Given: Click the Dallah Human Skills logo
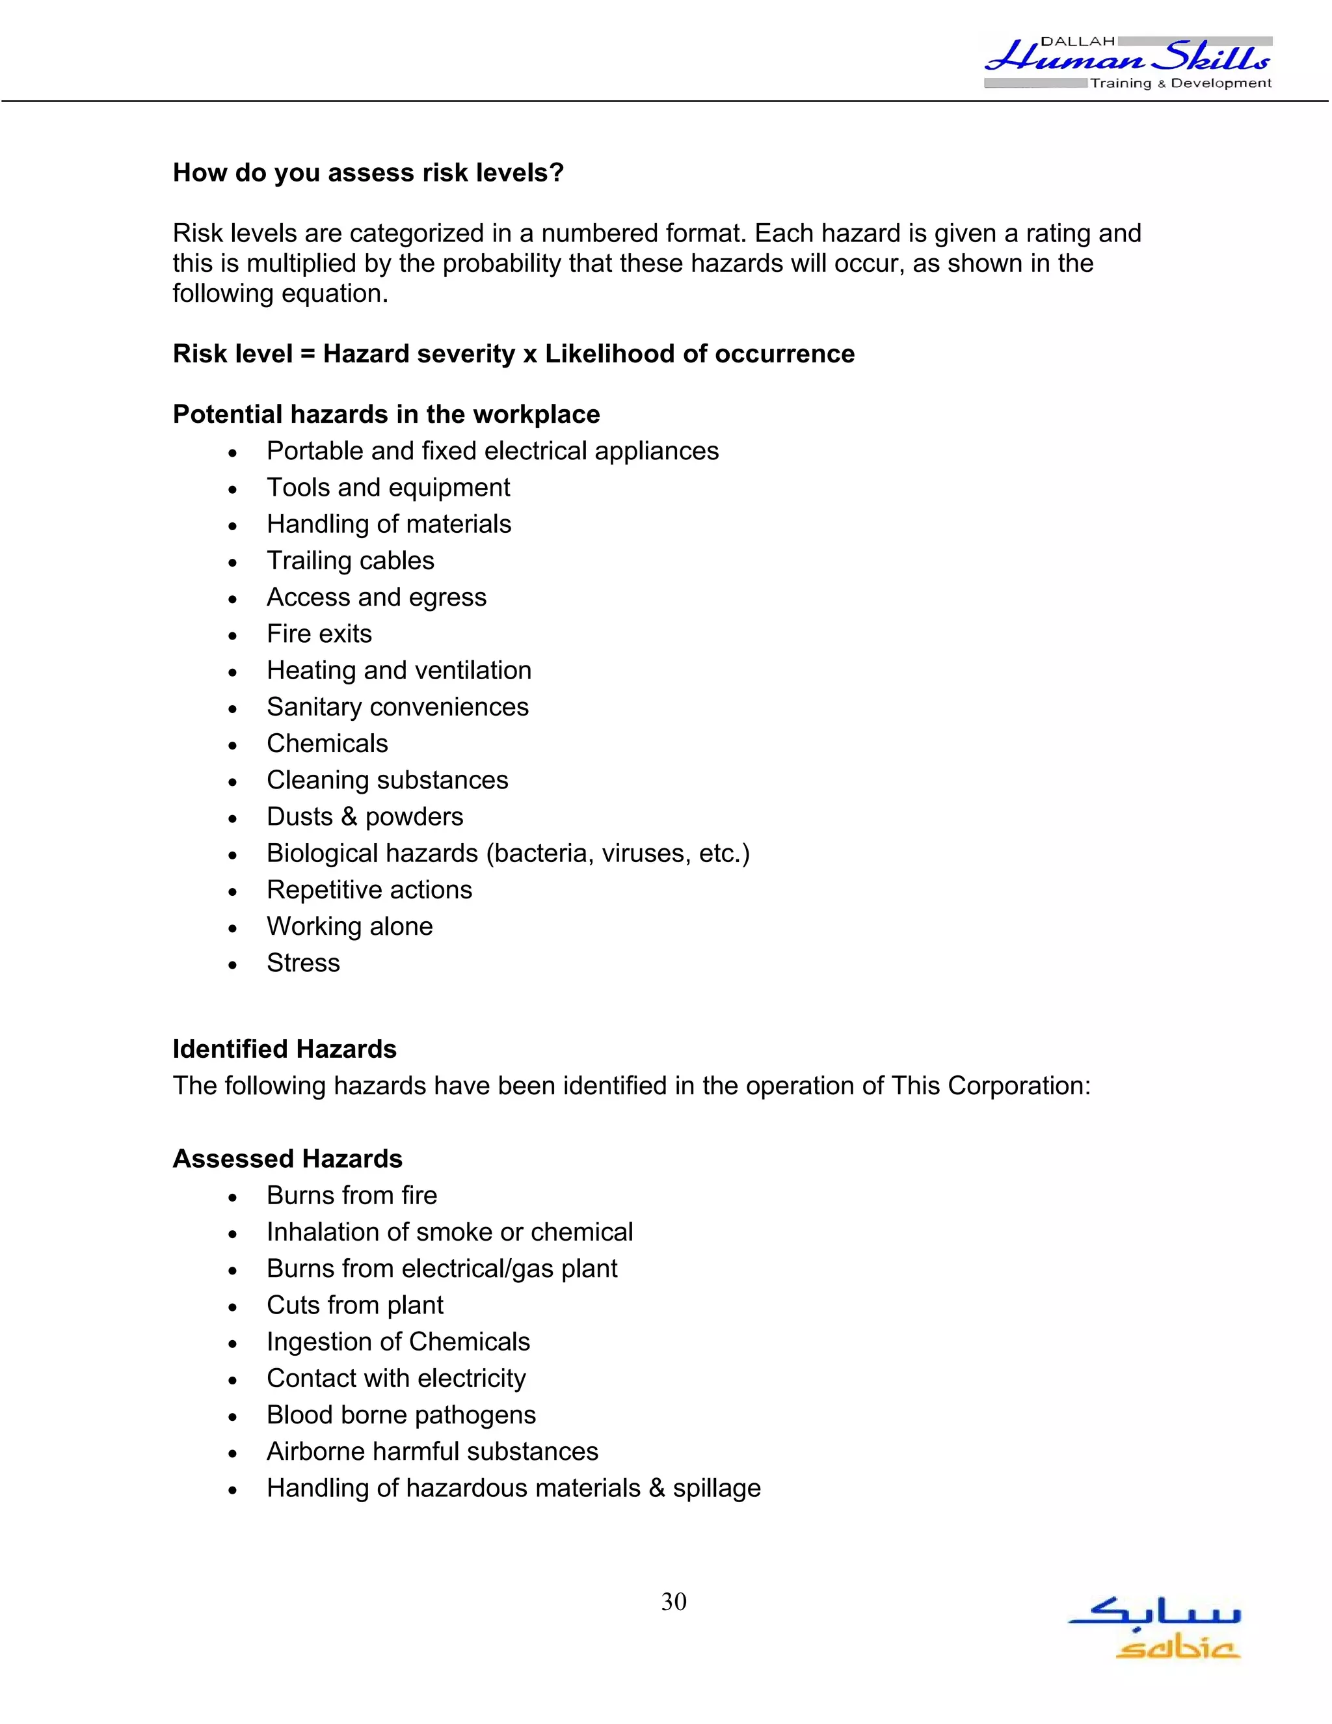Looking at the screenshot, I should coord(1128,62).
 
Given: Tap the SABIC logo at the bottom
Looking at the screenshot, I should coord(1154,1628).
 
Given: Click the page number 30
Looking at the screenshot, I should coord(673,1602).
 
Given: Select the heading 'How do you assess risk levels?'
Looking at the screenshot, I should coord(367,172).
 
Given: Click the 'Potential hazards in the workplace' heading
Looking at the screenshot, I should coord(386,414).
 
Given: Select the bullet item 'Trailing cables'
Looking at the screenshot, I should coord(351,560).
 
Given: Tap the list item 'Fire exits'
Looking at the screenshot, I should coord(319,633).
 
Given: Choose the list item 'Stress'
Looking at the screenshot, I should coord(303,962).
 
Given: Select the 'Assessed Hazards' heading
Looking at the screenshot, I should coord(287,1158).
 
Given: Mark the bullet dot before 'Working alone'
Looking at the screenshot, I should coord(232,928).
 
